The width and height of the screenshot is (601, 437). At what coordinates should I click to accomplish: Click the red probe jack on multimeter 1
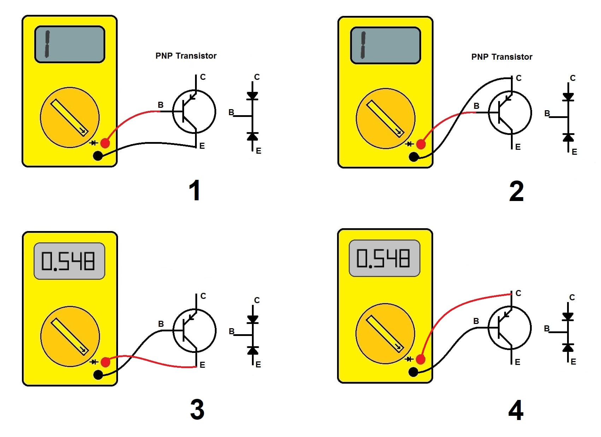click(105, 143)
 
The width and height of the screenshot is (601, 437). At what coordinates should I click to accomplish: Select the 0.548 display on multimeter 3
click(69, 261)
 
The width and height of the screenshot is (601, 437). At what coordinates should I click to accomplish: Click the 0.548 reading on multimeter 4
click(384, 258)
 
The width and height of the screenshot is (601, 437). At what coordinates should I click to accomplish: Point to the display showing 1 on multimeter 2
click(385, 46)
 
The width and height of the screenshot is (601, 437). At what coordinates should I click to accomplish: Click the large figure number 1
click(195, 190)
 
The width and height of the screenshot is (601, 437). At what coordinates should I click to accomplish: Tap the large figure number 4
click(516, 411)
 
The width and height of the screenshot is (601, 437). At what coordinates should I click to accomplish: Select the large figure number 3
click(197, 409)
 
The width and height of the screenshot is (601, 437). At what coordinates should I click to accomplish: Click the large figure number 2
click(516, 191)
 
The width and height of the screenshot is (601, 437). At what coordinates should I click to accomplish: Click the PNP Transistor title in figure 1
click(186, 56)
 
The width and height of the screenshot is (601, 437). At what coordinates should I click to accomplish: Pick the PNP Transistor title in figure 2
click(502, 57)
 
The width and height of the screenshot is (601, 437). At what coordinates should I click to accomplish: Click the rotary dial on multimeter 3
click(70, 336)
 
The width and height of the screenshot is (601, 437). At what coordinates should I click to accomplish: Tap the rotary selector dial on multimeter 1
click(70, 117)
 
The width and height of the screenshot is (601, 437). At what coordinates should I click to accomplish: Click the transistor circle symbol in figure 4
click(509, 328)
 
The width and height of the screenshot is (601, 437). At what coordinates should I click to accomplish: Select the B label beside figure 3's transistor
click(161, 324)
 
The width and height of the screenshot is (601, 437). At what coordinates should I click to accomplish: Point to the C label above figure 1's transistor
click(203, 77)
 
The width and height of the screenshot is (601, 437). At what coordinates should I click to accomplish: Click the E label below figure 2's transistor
click(518, 147)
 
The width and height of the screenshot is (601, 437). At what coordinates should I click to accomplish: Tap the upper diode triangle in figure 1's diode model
click(252, 95)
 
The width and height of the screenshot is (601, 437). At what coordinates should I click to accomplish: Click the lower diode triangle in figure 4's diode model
click(568, 348)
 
